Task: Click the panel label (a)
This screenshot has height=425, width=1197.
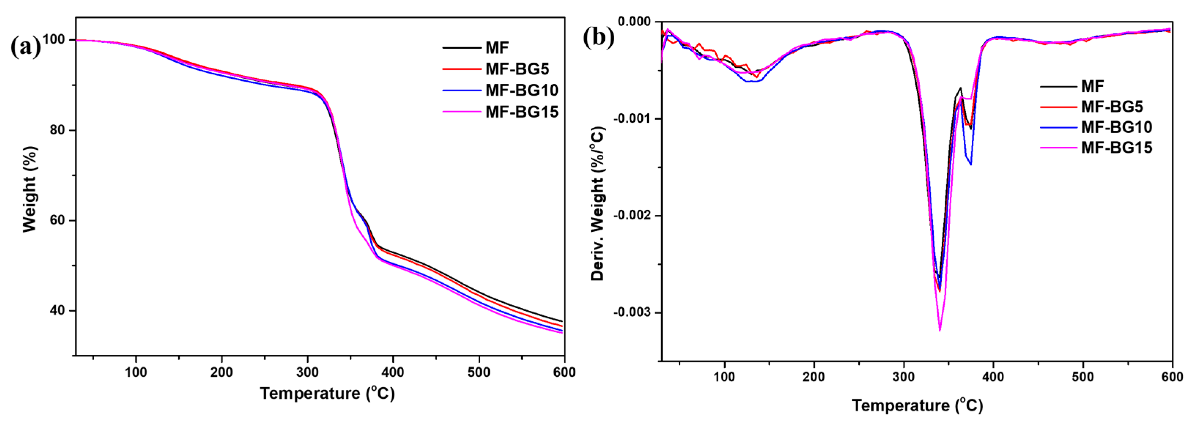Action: [26, 47]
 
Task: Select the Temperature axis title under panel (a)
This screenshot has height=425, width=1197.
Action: [327, 394]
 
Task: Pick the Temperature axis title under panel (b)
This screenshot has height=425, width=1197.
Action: [917, 406]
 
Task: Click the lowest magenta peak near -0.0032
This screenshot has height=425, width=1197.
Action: [940, 331]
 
